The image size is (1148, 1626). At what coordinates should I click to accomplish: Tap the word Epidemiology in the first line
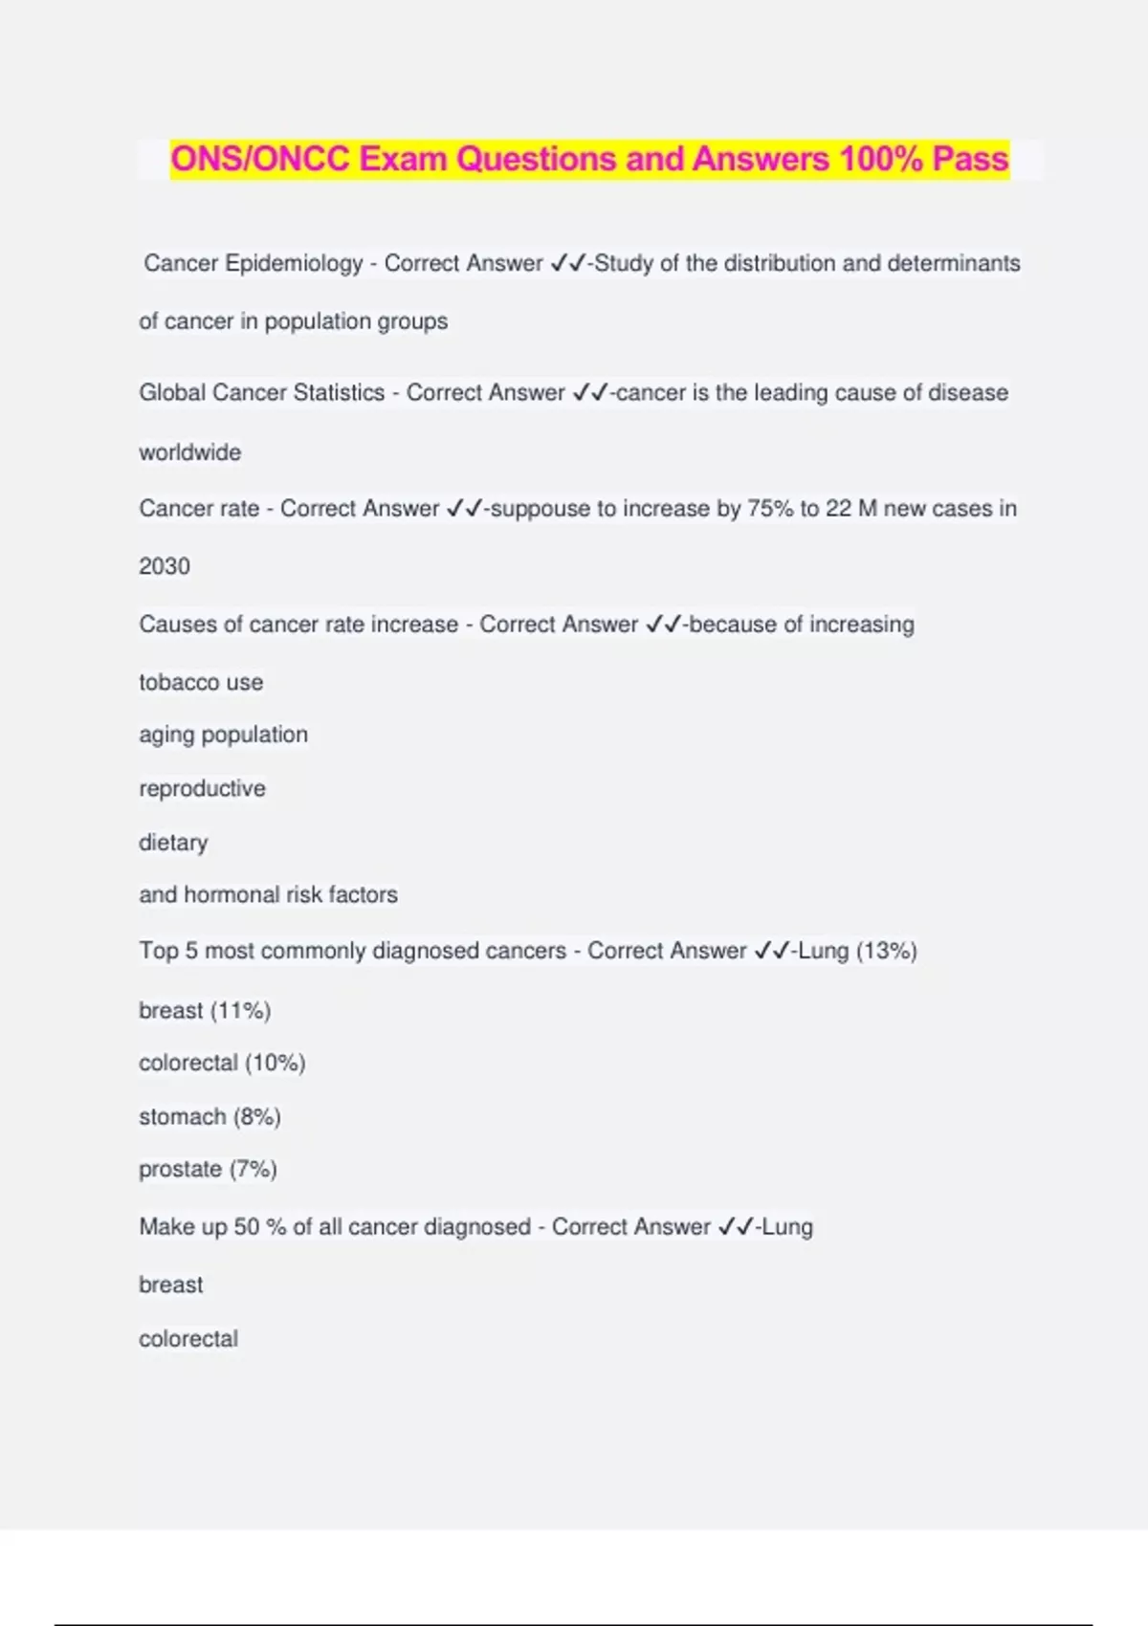click(x=294, y=263)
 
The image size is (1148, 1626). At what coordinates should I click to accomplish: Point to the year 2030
click(x=165, y=566)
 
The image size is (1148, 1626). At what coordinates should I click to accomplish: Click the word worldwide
click(x=189, y=452)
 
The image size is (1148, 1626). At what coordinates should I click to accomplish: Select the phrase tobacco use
click(x=201, y=683)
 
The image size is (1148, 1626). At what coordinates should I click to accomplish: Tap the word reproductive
click(x=202, y=789)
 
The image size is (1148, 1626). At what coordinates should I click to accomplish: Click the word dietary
click(x=173, y=843)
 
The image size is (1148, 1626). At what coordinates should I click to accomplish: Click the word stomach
click(x=182, y=1117)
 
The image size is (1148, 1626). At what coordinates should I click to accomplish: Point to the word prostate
click(x=180, y=1170)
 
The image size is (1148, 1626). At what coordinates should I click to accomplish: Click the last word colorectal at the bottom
click(x=188, y=1339)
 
